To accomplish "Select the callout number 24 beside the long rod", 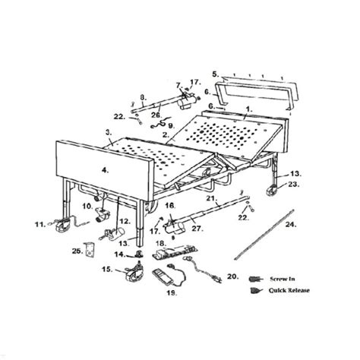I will click(292, 225).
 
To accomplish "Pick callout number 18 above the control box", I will click(161, 245).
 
